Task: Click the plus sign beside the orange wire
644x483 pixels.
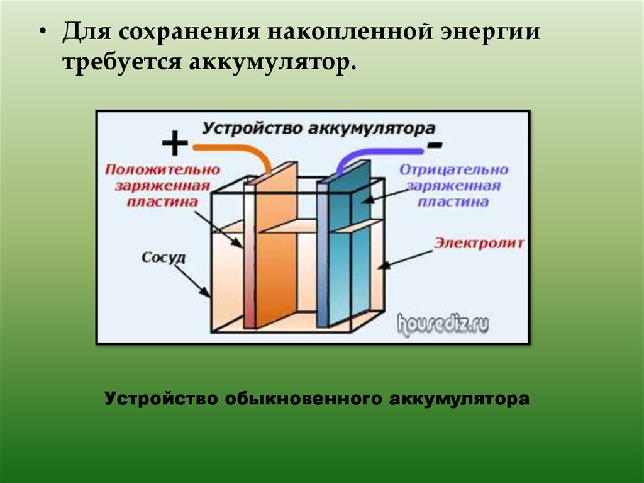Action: pos(174,144)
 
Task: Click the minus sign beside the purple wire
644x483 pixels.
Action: pos(434,145)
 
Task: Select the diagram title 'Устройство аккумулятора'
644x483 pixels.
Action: pos(318,128)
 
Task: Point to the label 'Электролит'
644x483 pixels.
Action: pos(479,242)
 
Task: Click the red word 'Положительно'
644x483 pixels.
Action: pos(162,170)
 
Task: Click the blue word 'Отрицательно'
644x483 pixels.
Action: pos(453,170)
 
